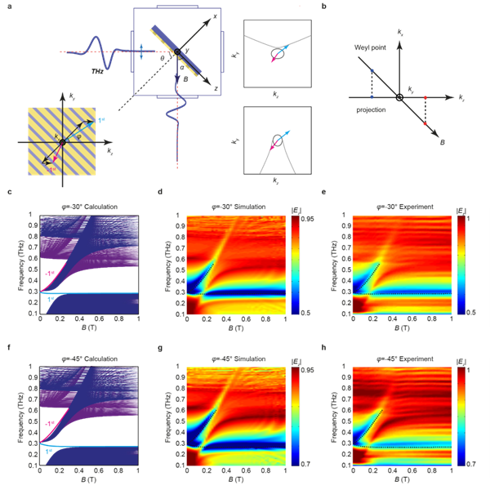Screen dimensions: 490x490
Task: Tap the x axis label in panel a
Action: point(215,16)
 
